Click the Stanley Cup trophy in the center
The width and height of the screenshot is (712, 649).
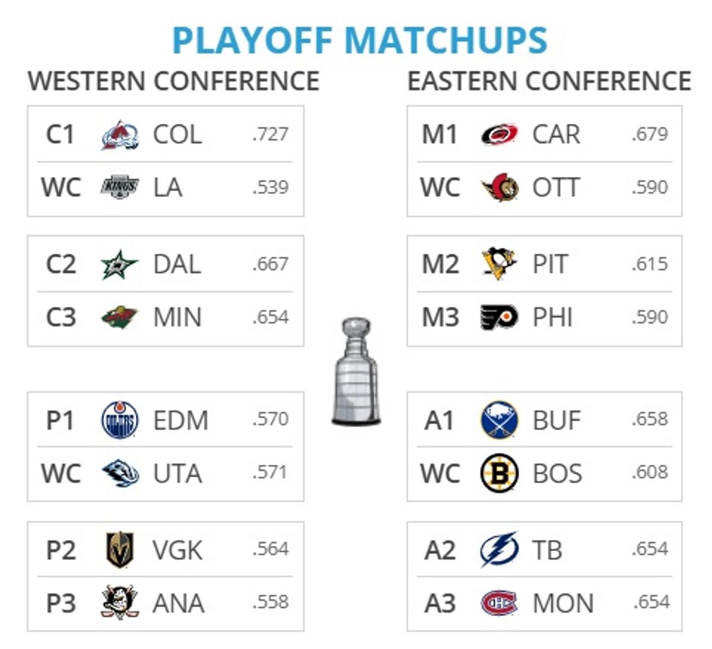tap(356, 372)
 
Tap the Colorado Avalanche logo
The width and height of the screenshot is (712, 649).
tap(120, 135)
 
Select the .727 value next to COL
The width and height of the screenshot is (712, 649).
tap(270, 135)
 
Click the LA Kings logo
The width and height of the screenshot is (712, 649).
tap(120, 187)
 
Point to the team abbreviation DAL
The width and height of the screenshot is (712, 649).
tap(177, 264)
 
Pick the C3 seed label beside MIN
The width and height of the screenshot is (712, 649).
tap(61, 318)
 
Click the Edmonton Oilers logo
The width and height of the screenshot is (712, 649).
tap(120, 420)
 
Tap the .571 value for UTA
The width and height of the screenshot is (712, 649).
tap(270, 472)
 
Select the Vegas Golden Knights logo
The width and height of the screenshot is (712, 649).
tap(120, 550)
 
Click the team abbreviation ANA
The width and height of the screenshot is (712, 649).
tap(178, 603)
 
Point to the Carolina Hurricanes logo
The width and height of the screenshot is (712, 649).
tap(499, 135)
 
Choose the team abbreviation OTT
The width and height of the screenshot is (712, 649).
tap(555, 188)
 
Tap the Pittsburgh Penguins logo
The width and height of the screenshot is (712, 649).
tap(499, 264)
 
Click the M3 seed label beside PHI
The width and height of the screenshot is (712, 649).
tap(440, 318)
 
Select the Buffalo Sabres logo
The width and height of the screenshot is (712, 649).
tap(499, 420)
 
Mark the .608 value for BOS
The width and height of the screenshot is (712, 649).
tap(650, 472)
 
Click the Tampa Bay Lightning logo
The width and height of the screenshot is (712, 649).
tap(499, 549)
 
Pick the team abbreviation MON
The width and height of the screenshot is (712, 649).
tap(562, 603)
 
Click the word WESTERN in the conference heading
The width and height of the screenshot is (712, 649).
tap(86, 81)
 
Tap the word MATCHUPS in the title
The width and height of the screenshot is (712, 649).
tap(446, 40)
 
